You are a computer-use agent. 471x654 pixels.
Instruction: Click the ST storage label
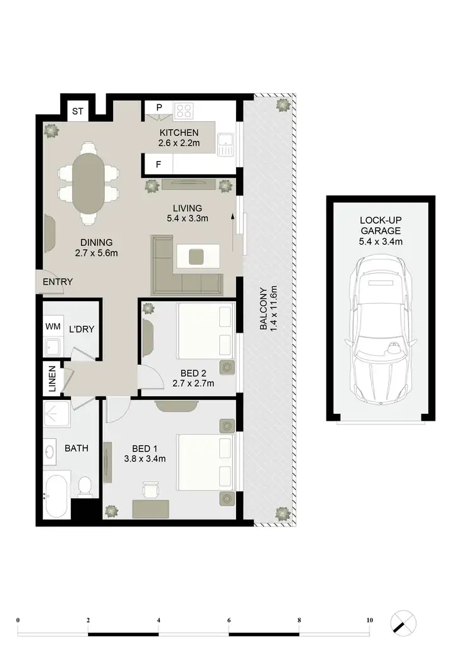78,111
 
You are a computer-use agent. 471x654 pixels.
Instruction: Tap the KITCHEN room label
179,133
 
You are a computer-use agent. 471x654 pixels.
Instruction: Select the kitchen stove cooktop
184,111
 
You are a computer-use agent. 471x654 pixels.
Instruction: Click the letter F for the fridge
159,165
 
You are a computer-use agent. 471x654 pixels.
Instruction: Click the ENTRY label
58,282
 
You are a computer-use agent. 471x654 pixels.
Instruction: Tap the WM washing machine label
52,326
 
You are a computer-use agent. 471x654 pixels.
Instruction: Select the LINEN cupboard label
52,379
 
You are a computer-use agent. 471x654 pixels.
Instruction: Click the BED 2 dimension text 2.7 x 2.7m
193,384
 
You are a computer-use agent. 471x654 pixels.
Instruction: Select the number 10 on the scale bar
369,621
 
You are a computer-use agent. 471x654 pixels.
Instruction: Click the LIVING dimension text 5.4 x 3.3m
188,219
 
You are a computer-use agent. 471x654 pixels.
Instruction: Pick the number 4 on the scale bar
159,621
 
